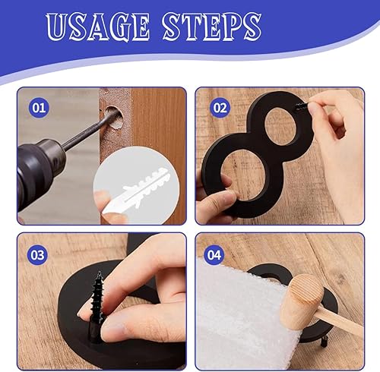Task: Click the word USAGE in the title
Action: [x=99, y=27]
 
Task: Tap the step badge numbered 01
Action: [x=38, y=107]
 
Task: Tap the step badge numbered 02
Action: [x=220, y=107]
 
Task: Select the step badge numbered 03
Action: [x=38, y=253]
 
